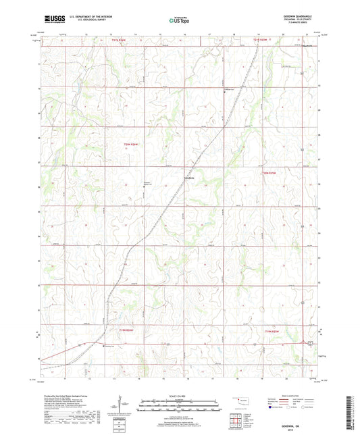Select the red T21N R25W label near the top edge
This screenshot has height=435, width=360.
click(261, 41)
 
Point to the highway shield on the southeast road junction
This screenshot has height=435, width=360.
click(310, 344)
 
